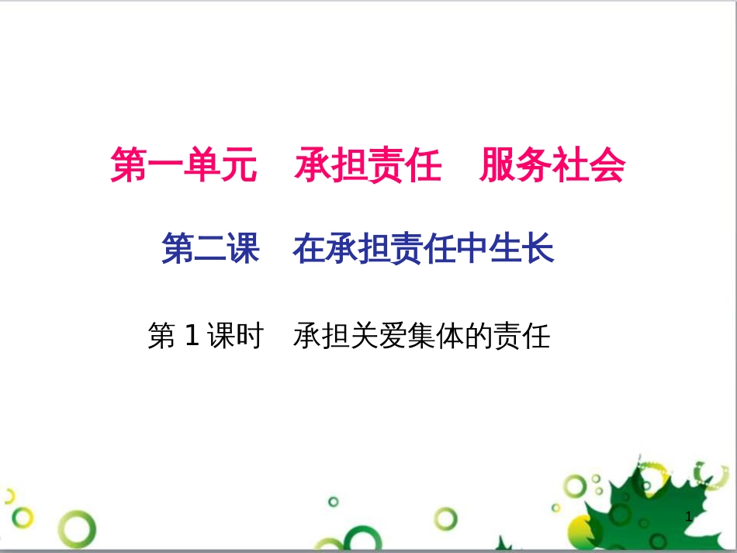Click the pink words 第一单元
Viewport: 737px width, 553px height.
(183, 166)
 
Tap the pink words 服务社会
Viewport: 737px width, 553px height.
(552, 166)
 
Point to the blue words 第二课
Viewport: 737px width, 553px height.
(210, 250)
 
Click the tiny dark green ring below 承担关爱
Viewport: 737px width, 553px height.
(334, 501)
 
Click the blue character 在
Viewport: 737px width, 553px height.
(309, 250)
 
